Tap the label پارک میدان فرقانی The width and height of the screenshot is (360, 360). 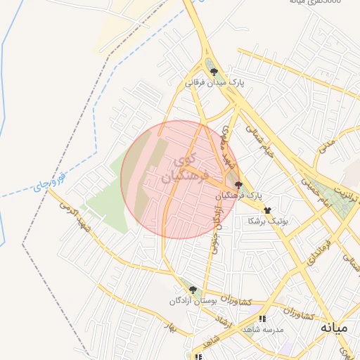coord(214,83)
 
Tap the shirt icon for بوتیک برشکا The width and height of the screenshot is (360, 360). coord(267,210)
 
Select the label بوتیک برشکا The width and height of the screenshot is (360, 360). coord(269,221)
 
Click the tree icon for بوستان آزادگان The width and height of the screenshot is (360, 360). coord(193,289)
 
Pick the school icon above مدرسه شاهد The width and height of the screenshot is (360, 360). coord(263,319)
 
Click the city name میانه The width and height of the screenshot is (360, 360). coord(334,328)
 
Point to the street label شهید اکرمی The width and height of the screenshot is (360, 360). coord(75,215)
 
